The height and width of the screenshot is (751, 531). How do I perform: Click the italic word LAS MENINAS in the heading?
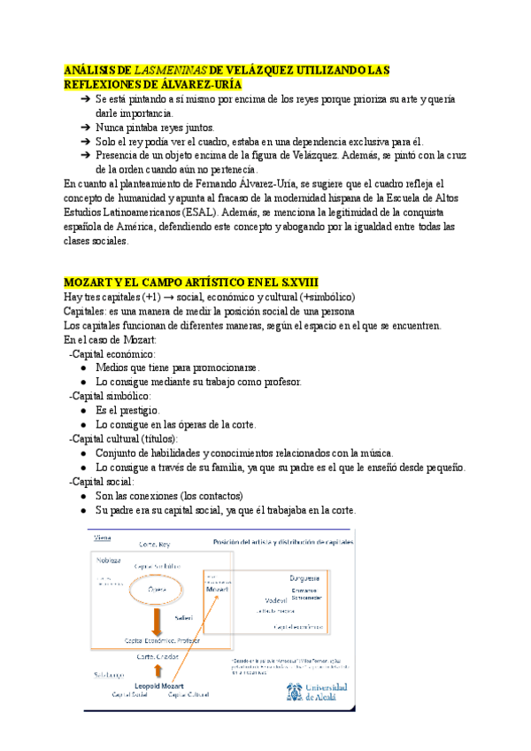click(x=172, y=69)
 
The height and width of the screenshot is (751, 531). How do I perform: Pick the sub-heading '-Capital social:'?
click(x=104, y=482)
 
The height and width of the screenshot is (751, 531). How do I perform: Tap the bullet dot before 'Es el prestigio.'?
click(x=83, y=411)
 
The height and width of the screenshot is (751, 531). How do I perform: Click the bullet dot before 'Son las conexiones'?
click(x=83, y=496)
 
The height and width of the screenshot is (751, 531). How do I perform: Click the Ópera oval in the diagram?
click(x=157, y=588)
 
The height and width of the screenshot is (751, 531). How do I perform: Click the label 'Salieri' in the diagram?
click(x=183, y=617)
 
